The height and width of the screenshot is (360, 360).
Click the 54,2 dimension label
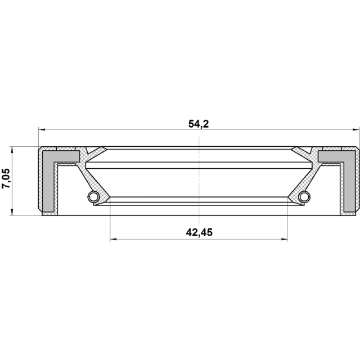click(198, 124)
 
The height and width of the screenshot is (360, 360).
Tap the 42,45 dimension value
click(199, 232)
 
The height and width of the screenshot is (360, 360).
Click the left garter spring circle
click(94, 197)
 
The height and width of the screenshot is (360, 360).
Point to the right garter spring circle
click(304, 197)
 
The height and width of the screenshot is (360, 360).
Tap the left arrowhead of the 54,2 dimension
click(42, 130)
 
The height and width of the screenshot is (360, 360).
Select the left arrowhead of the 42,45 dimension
click(113, 239)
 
